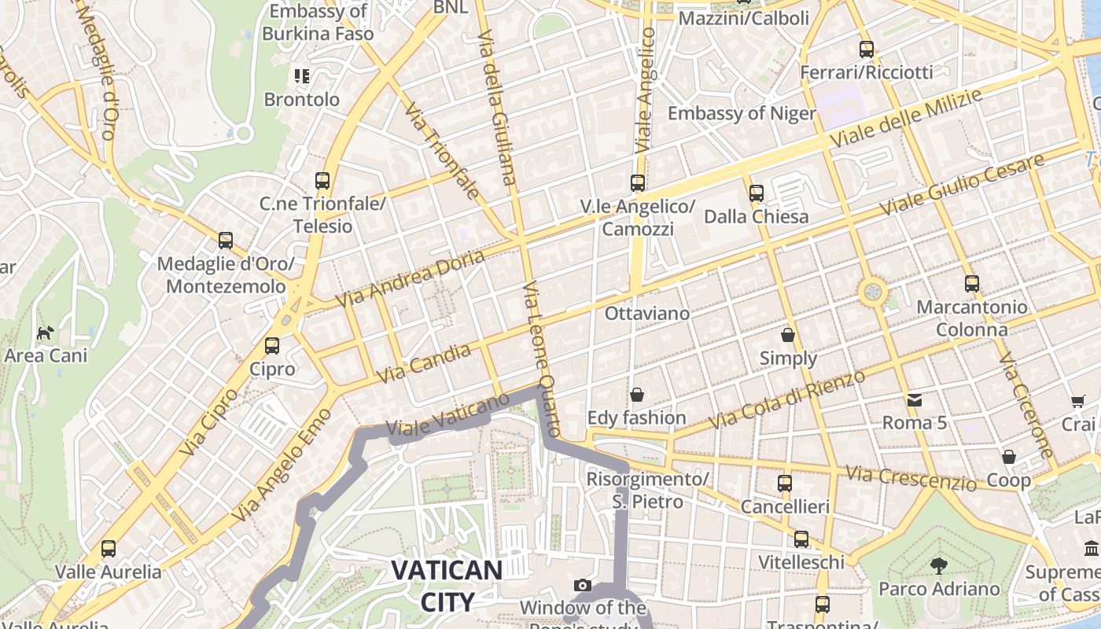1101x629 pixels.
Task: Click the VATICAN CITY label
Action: (x=447, y=586)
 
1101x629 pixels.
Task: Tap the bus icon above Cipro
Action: (x=272, y=345)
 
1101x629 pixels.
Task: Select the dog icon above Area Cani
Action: (x=46, y=333)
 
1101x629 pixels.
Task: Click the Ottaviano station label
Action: (x=646, y=314)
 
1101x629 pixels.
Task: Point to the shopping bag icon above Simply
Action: (x=788, y=335)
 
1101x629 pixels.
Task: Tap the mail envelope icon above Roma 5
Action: (x=915, y=400)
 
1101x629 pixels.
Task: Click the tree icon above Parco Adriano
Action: (x=938, y=565)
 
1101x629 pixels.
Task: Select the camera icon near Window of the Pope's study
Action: (x=582, y=585)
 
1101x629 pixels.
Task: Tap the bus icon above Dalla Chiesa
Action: (x=757, y=193)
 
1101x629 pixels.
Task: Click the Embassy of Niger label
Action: (x=742, y=113)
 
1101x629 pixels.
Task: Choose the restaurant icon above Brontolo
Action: (x=302, y=76)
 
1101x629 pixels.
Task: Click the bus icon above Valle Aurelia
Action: (x=109, y=548)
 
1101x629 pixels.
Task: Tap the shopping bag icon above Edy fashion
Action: (x=636, y=394)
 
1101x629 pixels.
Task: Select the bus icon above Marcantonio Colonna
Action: (x=972, y=284)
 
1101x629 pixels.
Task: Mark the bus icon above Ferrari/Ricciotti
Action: (x=867, y=50)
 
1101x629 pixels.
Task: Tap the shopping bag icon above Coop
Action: (x=1009, y=457)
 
